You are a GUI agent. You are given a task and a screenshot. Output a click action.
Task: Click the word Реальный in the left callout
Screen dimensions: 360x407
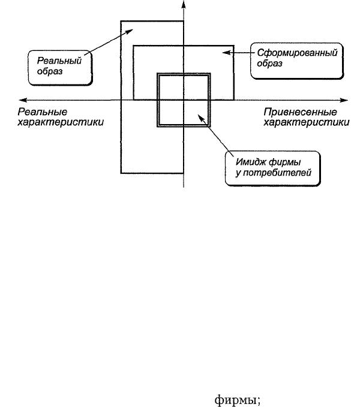point(59,61)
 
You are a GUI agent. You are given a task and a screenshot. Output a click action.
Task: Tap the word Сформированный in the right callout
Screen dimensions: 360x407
point(297,53)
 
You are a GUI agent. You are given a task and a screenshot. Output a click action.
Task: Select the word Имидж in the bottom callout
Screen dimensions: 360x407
point(251,162)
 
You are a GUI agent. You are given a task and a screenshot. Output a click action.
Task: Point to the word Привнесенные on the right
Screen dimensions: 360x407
point(300,112)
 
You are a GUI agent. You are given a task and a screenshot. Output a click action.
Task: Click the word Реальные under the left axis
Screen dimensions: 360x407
point(43,112)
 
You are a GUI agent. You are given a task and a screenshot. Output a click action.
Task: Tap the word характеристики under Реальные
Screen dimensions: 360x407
point(61,122)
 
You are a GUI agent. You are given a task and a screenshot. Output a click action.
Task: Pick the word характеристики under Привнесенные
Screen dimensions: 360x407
point(306,122)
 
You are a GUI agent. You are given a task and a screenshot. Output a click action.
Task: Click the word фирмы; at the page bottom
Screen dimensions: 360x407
point(238,400)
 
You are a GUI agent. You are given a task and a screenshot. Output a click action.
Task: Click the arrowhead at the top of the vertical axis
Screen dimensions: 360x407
point(184,4)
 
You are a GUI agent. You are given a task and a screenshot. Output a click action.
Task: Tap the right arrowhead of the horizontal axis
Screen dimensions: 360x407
point(344,100)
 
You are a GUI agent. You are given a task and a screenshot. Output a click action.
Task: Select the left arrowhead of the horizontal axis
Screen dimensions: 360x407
point(23,100)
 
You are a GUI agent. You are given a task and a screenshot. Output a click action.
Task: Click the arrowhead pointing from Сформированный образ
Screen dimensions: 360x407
point(226,52)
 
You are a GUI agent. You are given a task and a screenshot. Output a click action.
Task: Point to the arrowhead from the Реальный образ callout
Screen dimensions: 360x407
point(130,31)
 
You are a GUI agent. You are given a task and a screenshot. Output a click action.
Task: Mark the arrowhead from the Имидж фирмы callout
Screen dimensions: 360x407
point(201,117)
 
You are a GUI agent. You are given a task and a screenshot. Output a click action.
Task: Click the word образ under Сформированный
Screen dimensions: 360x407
point(269,64)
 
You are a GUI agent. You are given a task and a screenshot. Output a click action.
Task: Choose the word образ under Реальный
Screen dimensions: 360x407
point(50,71)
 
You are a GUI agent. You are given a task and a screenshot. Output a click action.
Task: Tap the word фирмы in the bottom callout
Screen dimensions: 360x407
point(284,163)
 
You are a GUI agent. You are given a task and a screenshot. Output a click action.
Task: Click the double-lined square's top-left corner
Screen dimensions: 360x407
point(158,74)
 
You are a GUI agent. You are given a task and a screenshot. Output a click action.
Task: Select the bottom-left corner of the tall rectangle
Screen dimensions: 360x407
point(121,173)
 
